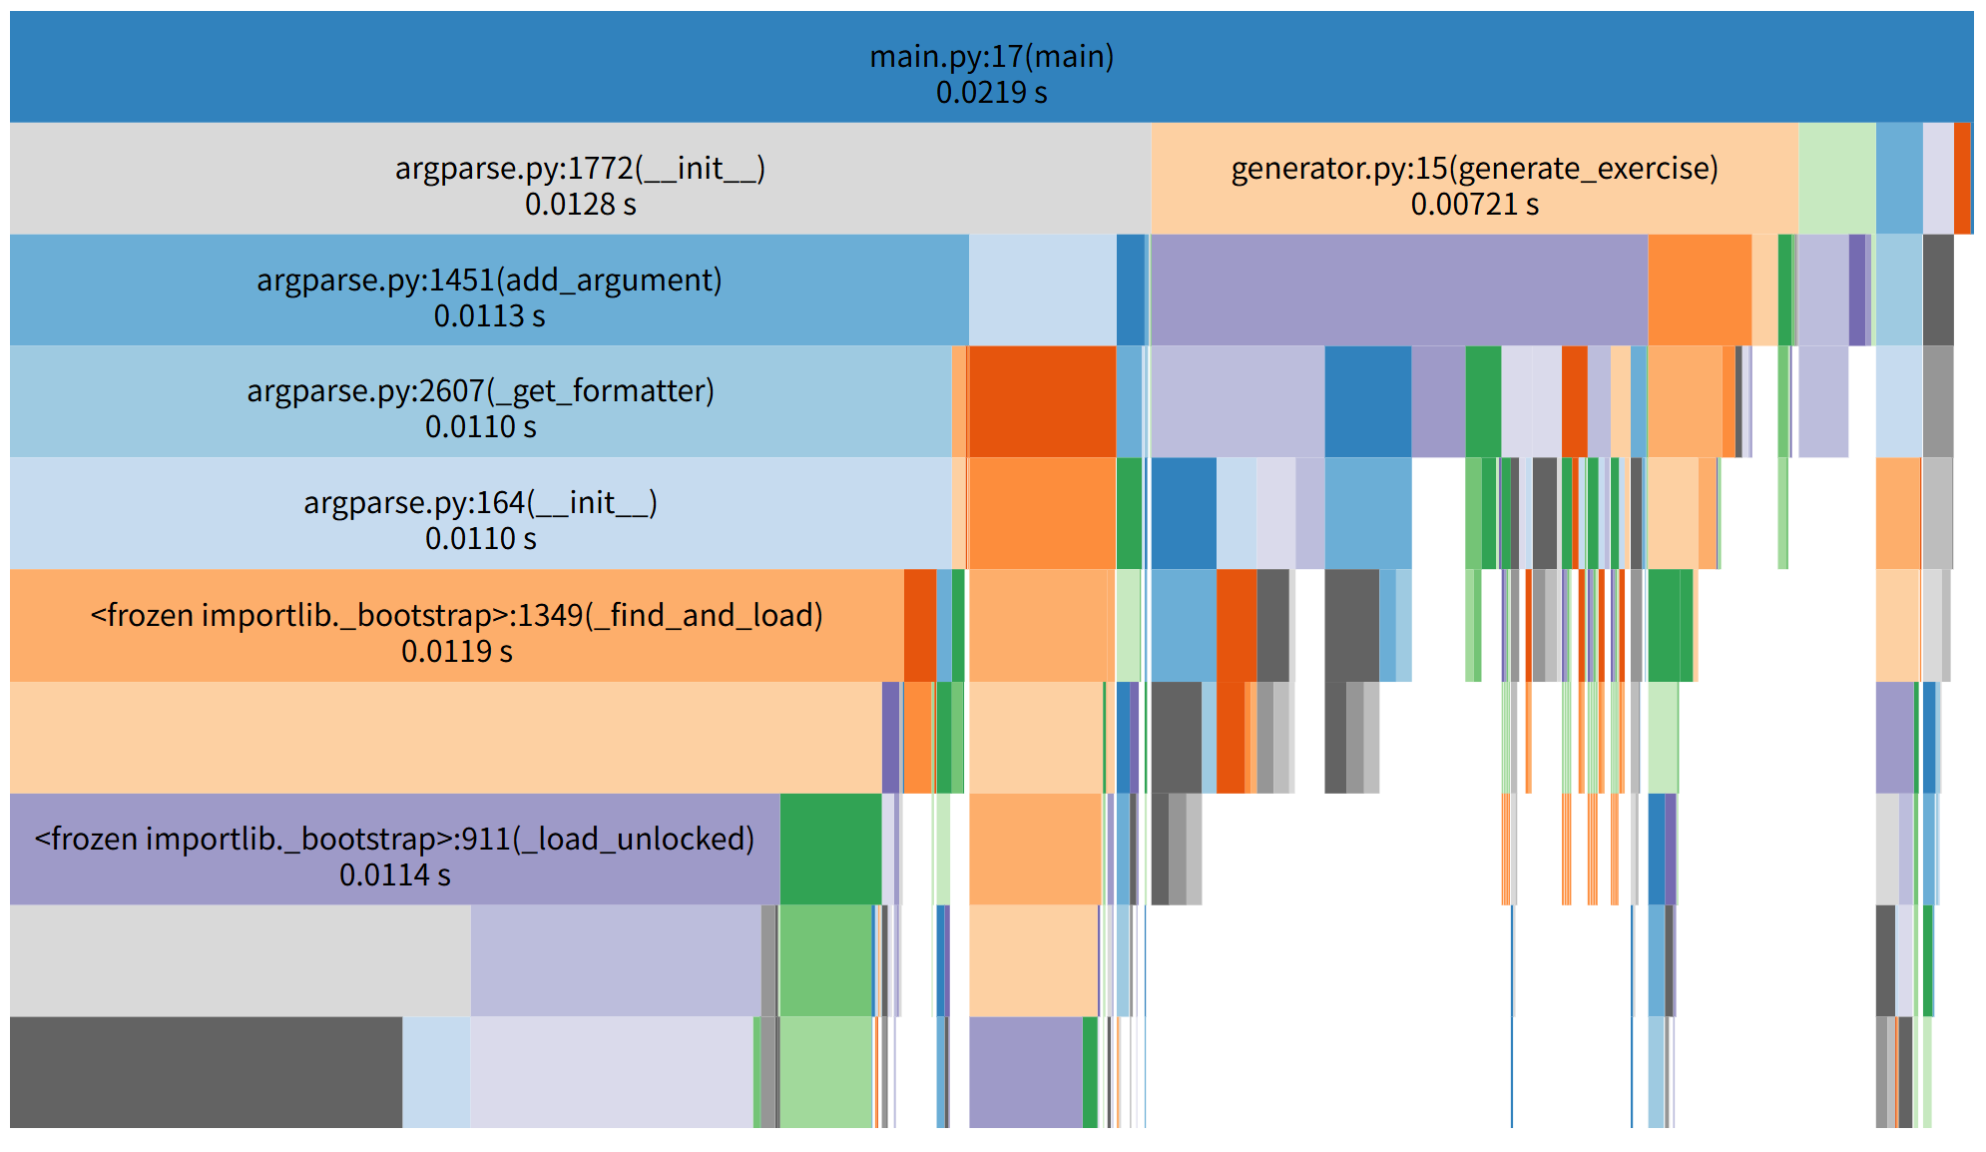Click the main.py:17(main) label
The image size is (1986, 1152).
coord(991,57)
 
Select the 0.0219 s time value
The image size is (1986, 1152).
coord(991,93)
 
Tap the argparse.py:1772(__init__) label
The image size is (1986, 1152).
coord(580,169)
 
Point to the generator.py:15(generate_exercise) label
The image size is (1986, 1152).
coord(1474,169)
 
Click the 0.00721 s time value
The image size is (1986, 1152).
coord(1474,205)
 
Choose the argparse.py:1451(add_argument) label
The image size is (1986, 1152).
coord(489,281)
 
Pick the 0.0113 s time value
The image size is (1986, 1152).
coord(489,316)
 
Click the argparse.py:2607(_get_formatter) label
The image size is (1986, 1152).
coord(480,391)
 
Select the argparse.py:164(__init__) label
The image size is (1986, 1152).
coord(480,503)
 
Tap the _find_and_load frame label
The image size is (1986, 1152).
coord(456,616)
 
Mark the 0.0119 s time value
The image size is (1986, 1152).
coord(456,652)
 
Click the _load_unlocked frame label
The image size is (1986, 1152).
coord(394,840)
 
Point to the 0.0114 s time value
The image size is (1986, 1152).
coord(394,875)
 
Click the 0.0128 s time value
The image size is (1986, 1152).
coord(580,205)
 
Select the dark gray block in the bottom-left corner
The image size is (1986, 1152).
coord(206,1072)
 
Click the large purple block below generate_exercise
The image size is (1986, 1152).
coord(1398,289)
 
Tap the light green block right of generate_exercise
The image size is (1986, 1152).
coord(1836,179)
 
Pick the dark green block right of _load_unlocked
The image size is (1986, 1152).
coord(830,849)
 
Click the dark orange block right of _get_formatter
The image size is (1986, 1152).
coord(1042,401)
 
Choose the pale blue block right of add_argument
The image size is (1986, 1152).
coord(1042,289)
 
